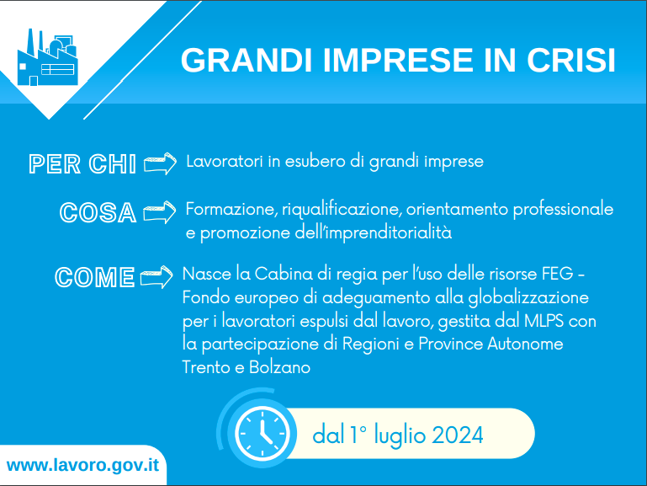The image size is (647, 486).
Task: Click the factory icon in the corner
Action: tap(46, 59)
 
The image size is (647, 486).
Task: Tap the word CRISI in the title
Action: tap(572, 61)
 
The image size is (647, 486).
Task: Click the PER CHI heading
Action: tap(82, 164)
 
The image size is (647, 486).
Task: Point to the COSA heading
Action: tap(98, 212)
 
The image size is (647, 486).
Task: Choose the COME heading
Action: tap(94, 276)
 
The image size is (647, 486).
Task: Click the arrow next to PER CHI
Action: tap(160, 163)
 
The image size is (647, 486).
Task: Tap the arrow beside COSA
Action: tap(160, 211)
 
